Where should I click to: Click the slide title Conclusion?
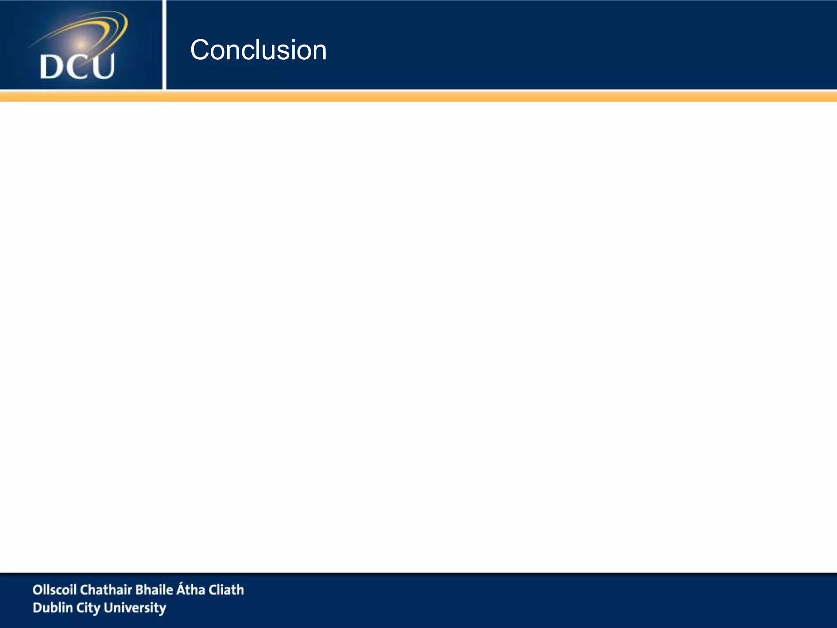(258, 50)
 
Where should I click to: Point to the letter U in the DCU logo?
(102, 67)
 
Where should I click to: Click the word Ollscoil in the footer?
(54, 590)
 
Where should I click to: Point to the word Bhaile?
(154, 590)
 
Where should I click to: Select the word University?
(135, 608)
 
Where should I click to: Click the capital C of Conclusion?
(201, 50)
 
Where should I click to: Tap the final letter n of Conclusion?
(319, 54)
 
